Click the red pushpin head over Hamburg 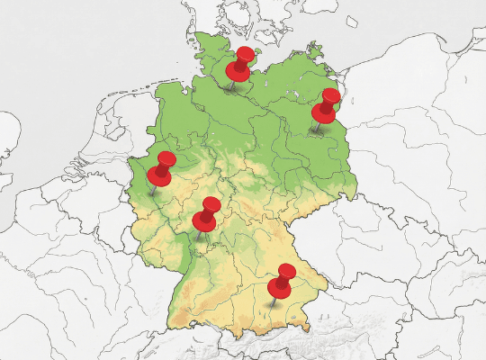click(x=240, y=66)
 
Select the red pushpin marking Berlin click(x=326, y=105)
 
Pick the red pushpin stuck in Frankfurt click(x=207, y=214)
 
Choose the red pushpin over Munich click(x=283, y=281)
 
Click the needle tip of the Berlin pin click(x=312, y=134)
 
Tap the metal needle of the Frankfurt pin click(x=199, y=234)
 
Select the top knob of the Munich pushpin click(x=287, y=271)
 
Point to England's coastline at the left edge click(x=7, y=144)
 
